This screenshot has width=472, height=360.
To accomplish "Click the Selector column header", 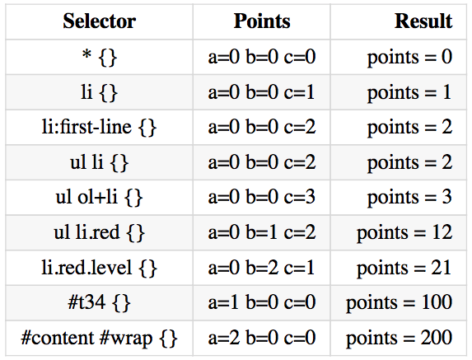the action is [100, 21].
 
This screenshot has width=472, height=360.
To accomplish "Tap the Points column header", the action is [262, 21].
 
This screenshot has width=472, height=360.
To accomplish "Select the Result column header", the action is [423, 21].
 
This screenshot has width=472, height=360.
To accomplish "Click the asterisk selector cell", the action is [100, 57].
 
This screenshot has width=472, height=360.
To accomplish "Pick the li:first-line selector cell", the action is [99, 127].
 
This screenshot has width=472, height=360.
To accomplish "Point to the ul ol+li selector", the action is [99, 198].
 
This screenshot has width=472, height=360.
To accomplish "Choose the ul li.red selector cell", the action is [100, 232].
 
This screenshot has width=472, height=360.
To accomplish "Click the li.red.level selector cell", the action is [99, 268].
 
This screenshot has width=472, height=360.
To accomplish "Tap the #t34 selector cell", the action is [100, 302].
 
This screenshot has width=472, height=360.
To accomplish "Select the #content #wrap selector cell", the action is [100, 338].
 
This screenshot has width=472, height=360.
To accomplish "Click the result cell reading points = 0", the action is [409, 57].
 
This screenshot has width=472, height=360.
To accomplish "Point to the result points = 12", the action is [404, 232].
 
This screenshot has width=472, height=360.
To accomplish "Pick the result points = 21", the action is [404, 268].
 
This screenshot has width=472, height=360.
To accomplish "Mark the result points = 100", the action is [400, 302].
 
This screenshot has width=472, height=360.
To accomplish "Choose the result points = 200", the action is [400, 338].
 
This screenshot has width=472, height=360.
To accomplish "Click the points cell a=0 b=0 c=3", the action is [262, 197].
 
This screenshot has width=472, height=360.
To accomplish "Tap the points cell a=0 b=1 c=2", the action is [262, 232].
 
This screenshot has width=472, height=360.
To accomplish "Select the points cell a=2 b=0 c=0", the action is [262, 338].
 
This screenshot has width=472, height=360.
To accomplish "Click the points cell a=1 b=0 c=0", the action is [262, 302].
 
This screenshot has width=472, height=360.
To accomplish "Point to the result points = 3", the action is [409, 198].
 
